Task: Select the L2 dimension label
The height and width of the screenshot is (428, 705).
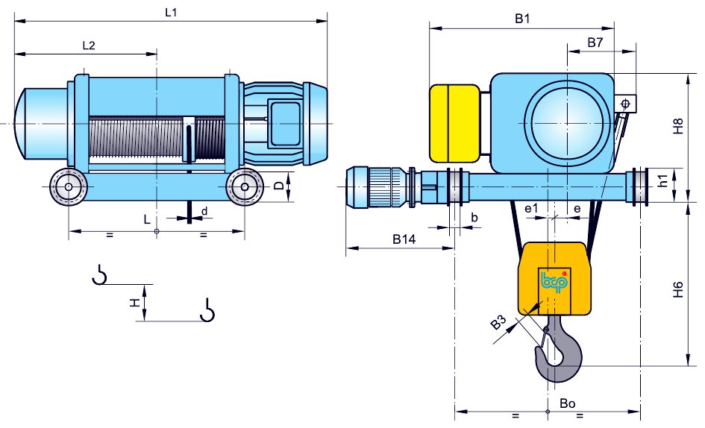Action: pyautogui.click(x=88, y=45)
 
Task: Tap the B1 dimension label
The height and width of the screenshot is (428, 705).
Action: pyautogui.click(x=521, y=20)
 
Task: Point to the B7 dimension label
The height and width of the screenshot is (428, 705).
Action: pyautogui.click(x=595, y=43)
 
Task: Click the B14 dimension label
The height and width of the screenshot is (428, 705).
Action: pyautogui.click(x=404, y=240)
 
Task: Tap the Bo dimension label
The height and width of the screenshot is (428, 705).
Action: pyautogui.click(x=568, y=403)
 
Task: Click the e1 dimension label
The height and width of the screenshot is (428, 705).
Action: pyautogui.click(x=531, y=210)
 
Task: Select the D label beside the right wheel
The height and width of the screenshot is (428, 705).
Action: pyautogui.click(x=278, y=186)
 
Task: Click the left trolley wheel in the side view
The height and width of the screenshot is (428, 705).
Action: pyautogui.click(x=68, y=187)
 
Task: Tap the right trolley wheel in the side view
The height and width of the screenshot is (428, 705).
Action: pyautogui.click(x=243, y=187)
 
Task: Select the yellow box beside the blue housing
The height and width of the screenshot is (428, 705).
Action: pyautogui.click(x=454, y=123)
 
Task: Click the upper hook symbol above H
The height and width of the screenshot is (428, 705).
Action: pyautogui.click(x=98, y=275)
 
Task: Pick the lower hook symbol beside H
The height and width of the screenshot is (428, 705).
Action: pyautogui.click(x=207, y=309)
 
